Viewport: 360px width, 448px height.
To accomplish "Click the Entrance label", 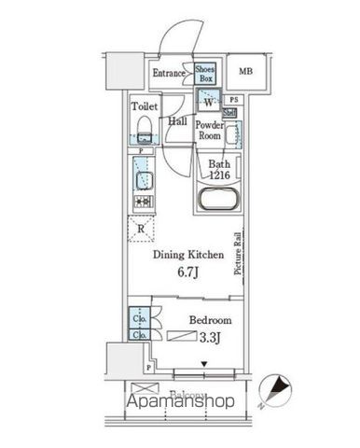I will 170,73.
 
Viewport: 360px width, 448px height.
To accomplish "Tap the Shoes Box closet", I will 206,73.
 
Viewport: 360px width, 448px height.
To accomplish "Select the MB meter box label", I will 244,72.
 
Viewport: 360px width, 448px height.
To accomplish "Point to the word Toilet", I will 144,105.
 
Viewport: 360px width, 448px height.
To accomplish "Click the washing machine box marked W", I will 207,102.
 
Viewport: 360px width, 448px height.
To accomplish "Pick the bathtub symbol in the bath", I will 220,201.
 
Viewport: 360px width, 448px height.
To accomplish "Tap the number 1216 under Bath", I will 220,175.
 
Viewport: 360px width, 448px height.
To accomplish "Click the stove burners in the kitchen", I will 142,201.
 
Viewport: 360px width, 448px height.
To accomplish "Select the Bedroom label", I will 210,319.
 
